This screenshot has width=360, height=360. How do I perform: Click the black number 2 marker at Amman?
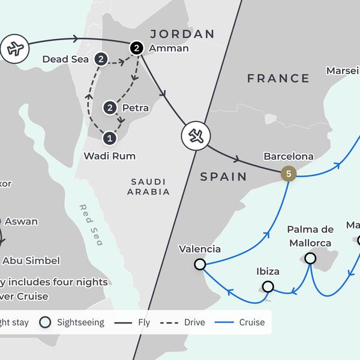pyautogui.click(x=137, y=48)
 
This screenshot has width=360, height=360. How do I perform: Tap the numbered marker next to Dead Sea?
pyautogui.click(x=101, y=59)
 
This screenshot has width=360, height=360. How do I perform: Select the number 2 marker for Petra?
pyautogui.click(x=110, y=108)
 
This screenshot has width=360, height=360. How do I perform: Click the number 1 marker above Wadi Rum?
pyautogui.click(x=109, y=138)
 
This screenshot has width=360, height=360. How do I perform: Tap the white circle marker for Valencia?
pyautogui.click(x=200, y=264)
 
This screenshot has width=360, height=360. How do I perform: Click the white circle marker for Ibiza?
pyautogui.click(x=268, y=286)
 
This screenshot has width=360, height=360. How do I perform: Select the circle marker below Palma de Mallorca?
pyautogui.click(x=310, y=258)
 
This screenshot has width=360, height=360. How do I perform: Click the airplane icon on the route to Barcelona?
pyautogui.click(x=196, y=137)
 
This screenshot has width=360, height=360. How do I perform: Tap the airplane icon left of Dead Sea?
pyautogui.click(x=14, y=49)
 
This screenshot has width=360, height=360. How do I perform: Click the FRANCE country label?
pyautogui.click(x=278, y=78)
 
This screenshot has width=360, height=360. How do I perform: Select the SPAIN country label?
pyautogui.click(x=223, y=176)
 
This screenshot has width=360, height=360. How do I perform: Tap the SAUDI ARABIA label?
pyautogui.click(x=149, y=186)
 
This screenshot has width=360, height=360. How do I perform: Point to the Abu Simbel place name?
pyautogui.click(x=31, y=260)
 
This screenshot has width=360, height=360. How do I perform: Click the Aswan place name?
pyautogui.click(x=21, y=221)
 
